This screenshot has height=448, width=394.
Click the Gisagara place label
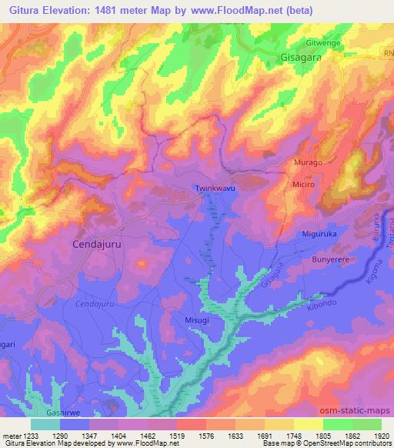point(302,58)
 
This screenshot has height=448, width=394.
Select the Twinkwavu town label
point(213,188)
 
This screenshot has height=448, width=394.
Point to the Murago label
point(309,163)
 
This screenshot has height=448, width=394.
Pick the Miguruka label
point(319,234)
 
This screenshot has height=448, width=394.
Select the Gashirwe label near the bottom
point(65,413)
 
